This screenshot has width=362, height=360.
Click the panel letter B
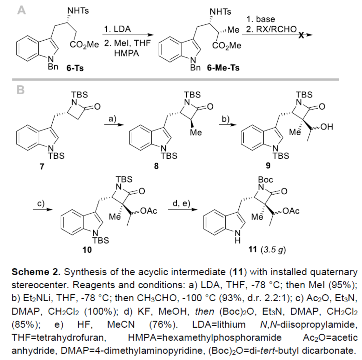(20, 90)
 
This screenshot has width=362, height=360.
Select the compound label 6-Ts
(75, 68)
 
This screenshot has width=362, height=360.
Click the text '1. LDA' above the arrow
(117, 29)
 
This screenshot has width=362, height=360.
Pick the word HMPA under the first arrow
(126, 53)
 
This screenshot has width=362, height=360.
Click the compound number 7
(42, 166)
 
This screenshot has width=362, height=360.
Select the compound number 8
(157, 166)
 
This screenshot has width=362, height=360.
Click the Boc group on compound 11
(266, 180)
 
